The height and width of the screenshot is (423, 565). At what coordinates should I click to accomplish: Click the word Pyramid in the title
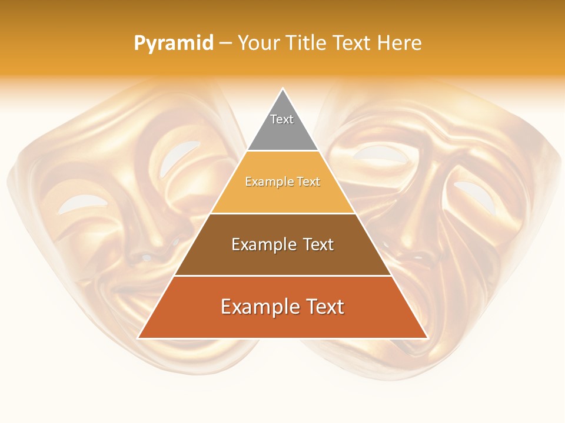point(174,43)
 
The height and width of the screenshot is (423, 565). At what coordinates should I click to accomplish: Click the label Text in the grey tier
point(282,119)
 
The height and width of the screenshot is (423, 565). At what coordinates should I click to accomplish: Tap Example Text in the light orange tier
point(282,182)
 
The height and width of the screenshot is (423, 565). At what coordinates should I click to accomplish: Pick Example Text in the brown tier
point(282,244)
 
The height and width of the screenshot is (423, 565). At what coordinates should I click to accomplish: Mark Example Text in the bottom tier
point(282,307)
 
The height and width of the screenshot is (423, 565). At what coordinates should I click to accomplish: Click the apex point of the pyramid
point(282,89)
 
